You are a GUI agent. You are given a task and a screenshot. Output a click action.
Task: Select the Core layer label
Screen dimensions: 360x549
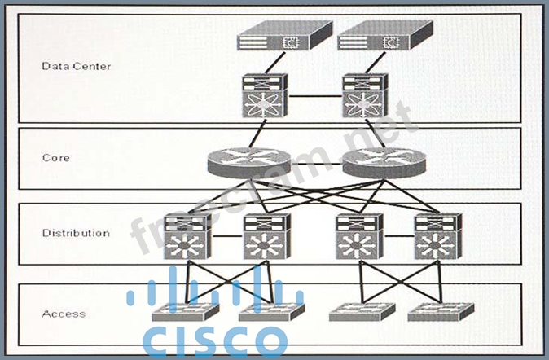[x=56, y=157]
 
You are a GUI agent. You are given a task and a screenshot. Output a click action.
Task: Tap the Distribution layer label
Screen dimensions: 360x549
[x=76, y=234]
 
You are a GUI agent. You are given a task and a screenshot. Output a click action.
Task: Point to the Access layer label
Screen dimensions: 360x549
[x=63, y=314]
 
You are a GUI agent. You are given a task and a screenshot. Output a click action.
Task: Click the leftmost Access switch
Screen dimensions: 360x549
[x=185, y=312]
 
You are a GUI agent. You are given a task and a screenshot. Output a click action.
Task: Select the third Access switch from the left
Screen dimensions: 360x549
[x=361, y=312]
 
